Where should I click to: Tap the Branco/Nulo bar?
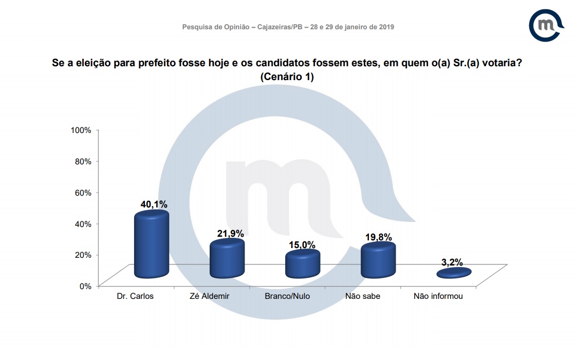point(303,264)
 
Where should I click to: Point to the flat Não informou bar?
point(454,273)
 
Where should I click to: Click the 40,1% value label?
point(154,204)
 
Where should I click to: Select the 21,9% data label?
point(230,234)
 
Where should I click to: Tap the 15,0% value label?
point(303,245)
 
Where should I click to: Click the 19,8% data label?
point(379,237)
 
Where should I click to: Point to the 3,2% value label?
point(452,262)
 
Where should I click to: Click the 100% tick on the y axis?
point(81,130)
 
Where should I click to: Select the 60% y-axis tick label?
point(83,193)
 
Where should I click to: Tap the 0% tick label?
point(85,286)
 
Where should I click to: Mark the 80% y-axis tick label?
point(83,161)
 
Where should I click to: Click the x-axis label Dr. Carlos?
point(136,296)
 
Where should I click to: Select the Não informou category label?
point(438,296)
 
